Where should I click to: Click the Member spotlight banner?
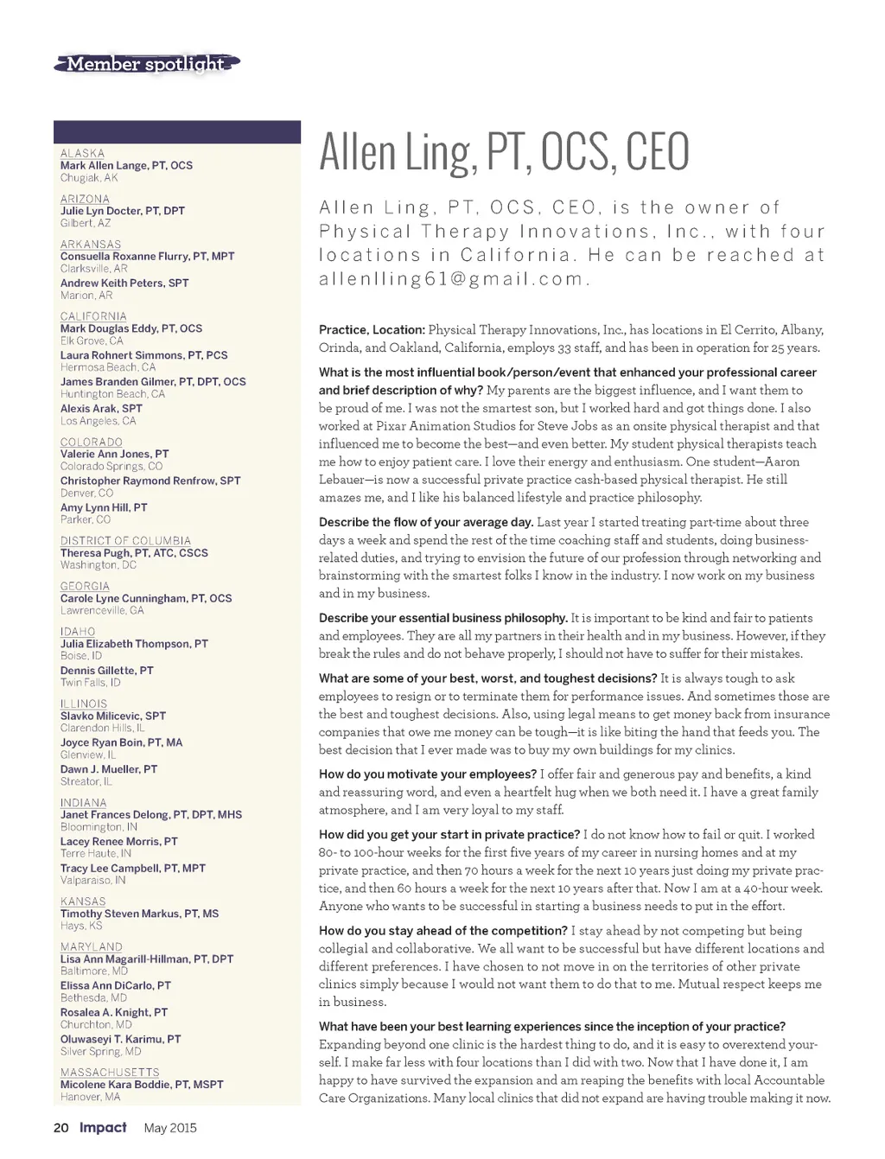click(x=145, y=64)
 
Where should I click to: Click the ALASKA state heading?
click(x=82, y=153)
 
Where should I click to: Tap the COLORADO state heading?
click(x=91, y=442)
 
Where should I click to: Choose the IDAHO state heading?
click(x=78, y=632)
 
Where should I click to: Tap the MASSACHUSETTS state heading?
click(x=110, y=1073)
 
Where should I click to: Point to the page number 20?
click(x=60, y=1128)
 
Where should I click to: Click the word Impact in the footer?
click(x=103, y=1128)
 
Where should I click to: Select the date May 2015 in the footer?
click(x=170, y=1128)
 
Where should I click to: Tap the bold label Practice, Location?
click(x=372, y=330)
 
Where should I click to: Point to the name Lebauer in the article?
click(x=341, y=480)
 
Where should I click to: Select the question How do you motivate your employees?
click(x=428, y=774)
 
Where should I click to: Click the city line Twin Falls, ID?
click(x=90, y=683)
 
